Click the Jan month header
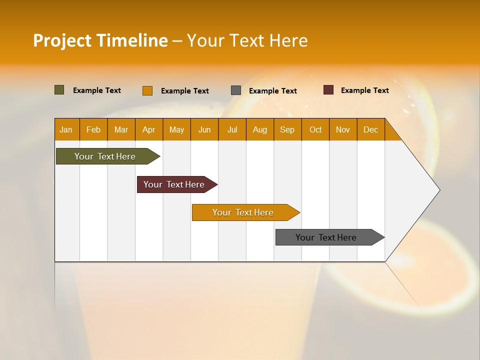tap(66, 130)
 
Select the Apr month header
tap(149, 130)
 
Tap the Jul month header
tap(232, 130)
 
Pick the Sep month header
tap(287, 130)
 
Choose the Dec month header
tap(370, 130)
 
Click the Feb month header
tap(93, 130)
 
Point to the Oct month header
tap(315, 130)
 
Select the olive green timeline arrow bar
tap(105, 156)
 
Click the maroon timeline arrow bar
tap(174, 184)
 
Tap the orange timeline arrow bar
tap(243, 212)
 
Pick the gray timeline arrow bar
tap(326, 237)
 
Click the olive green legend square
tap(59, 90)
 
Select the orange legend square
tap(147, 90)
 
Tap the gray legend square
tap(236, 90)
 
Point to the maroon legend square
tap(328, 90)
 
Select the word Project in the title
tap(62, 40)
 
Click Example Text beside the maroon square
tap(364, 90)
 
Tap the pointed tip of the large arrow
tap(438, 190)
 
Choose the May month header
tap(176, 130)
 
